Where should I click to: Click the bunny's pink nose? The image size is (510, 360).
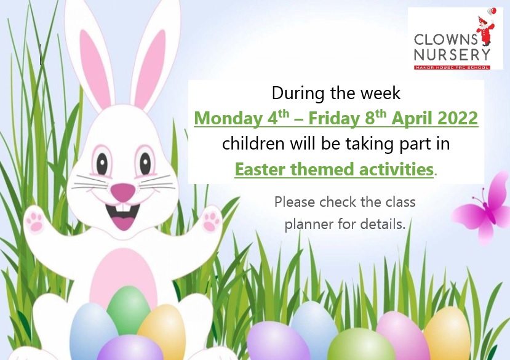coord(122,192)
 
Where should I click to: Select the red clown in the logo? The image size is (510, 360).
coord(485,30)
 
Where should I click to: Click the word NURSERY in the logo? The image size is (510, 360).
coord(452,55)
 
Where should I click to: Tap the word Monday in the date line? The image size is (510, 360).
coord(228,119)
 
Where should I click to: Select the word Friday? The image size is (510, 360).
coord(333,119)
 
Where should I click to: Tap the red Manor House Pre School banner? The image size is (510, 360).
coord(452,67)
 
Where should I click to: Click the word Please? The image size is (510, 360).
coord(295,202)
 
